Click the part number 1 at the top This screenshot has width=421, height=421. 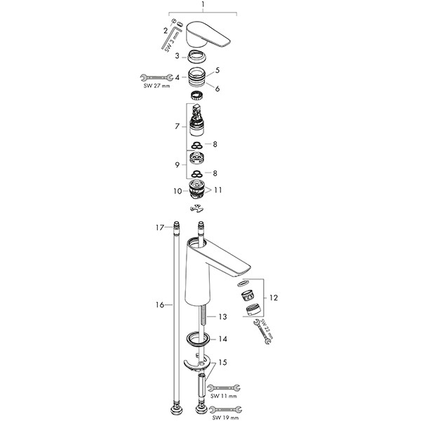[x=203, y=5]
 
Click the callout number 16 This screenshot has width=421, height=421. [x=161, y=305]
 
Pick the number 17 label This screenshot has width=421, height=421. [x=160, y=227]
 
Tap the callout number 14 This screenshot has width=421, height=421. [x=223, y=338]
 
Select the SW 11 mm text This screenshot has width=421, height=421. [x=224, y=395]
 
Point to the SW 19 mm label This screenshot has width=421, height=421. [x=224, y=417]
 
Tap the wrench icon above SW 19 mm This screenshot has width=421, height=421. [x=225, y=408]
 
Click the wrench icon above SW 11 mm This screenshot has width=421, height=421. [x=225, y=387]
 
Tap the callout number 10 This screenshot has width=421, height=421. [x=178, y=190]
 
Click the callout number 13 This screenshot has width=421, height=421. [x=222, y=317]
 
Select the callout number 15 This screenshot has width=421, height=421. [x=223, y=363]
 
